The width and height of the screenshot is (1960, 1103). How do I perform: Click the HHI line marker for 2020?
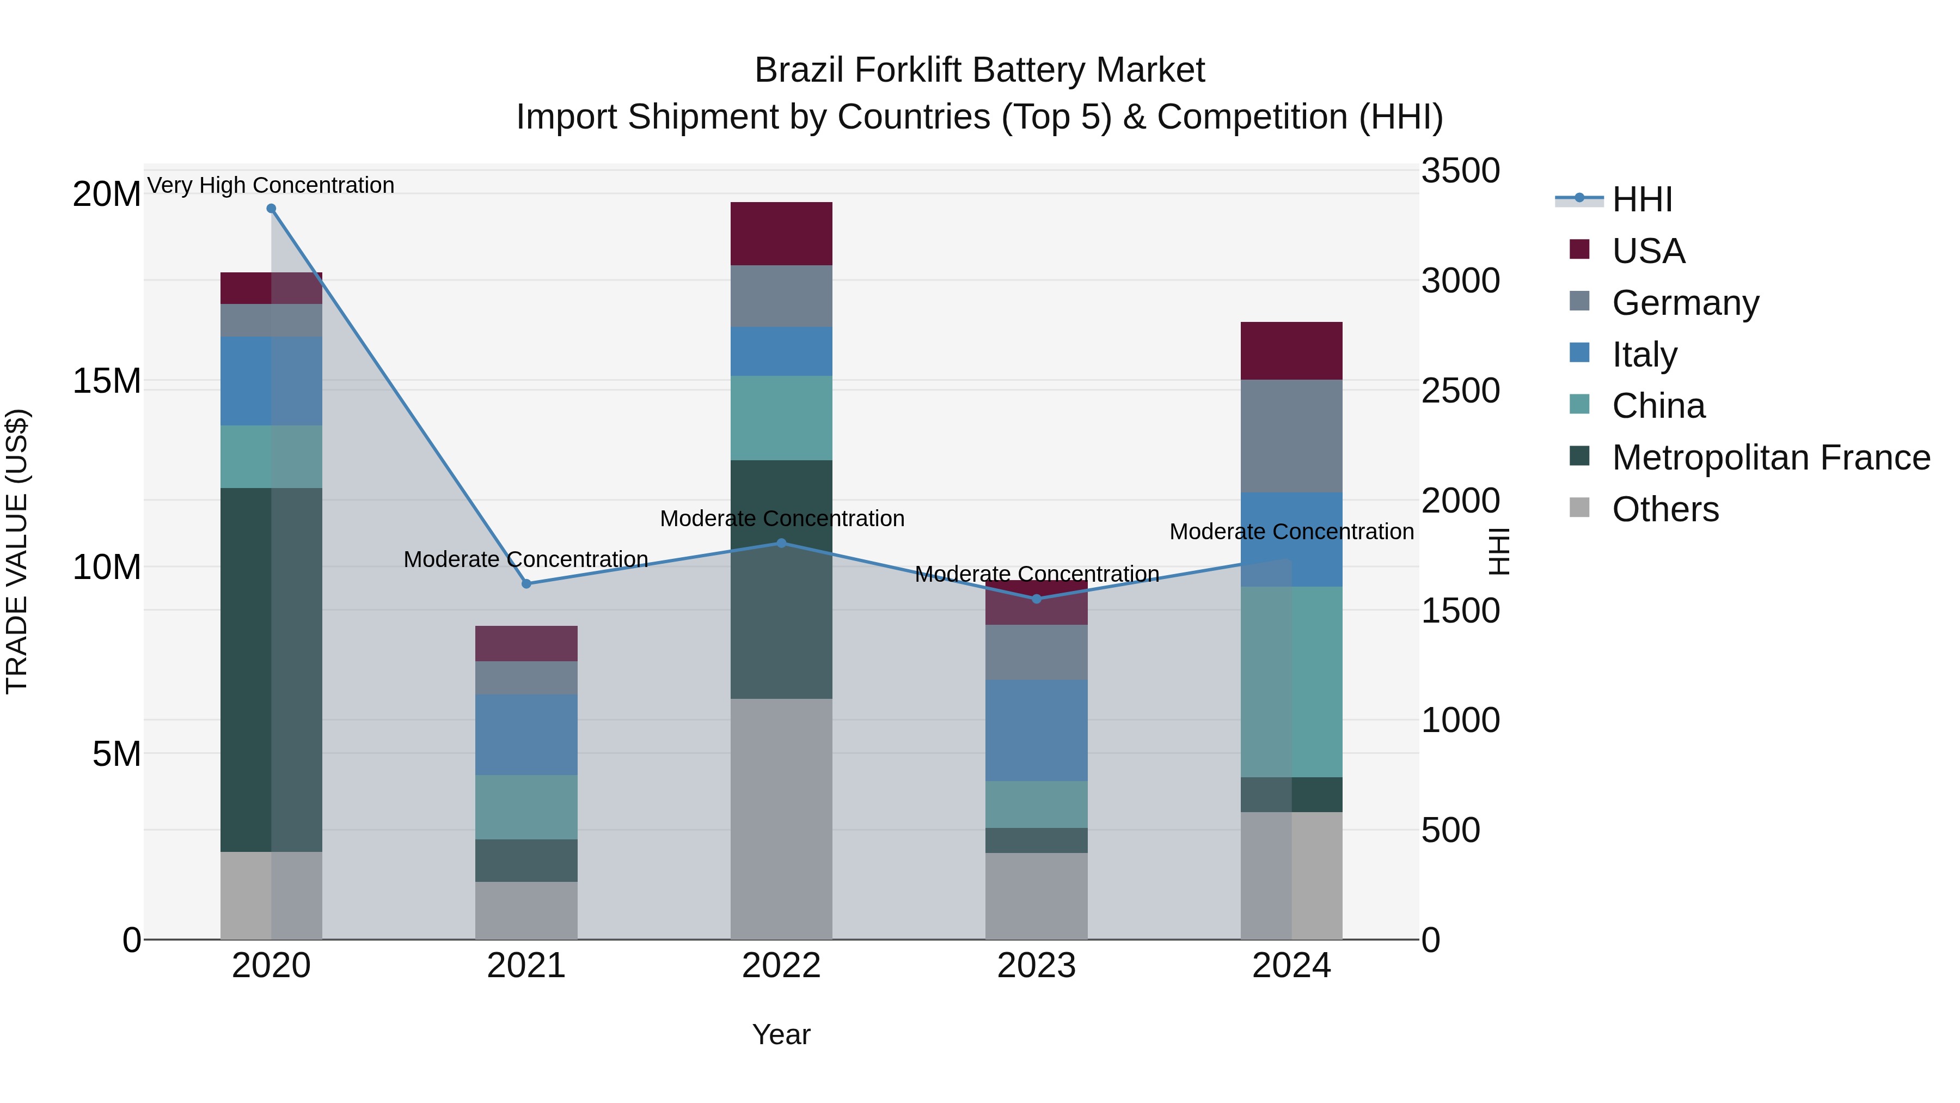pos(271,209)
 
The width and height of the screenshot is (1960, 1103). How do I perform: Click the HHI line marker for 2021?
pos(526,584)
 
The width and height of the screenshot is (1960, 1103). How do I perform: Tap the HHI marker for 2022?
pos(781,543)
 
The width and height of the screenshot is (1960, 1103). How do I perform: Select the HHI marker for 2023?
pos(1036,599)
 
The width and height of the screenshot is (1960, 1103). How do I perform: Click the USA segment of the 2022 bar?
pos(781,234)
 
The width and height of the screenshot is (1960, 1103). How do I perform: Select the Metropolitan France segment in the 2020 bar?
pos(271,670)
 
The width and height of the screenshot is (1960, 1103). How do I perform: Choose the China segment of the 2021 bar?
pos(526,807)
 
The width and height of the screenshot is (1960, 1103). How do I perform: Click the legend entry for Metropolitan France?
pos(1771,458)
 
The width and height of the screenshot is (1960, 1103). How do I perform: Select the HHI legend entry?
pos(1642,199)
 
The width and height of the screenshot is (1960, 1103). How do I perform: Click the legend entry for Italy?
pos(1644,355)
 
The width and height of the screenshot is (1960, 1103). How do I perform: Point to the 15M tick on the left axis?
pos(107,381)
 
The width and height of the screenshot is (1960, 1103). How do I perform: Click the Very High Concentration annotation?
pos(271,185)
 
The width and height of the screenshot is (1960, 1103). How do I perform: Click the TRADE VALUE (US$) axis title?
pos(17,551)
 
